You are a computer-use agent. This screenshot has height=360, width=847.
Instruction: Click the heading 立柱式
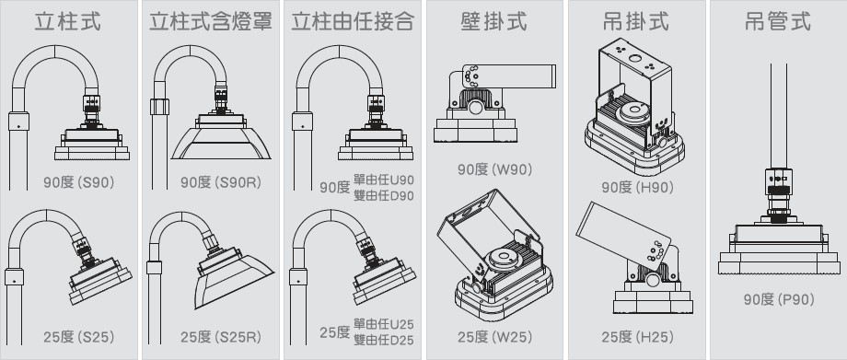coord(67,21)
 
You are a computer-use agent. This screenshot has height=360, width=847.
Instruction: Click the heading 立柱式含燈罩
coord(211,21)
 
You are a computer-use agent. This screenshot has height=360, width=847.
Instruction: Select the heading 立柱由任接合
coord(353,21)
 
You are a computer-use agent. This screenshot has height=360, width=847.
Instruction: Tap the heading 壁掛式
coord(494,21)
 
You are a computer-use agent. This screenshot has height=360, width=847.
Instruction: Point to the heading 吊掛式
coord(636,21)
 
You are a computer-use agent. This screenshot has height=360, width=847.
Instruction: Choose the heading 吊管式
coord(778,21)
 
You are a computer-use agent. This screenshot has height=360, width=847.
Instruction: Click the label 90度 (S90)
coord(79,182)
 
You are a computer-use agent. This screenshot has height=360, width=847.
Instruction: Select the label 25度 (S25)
coord(79,337)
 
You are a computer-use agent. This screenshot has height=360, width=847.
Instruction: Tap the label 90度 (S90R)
coord(221,182)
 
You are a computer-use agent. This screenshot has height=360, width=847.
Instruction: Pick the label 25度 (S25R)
coord(221,337)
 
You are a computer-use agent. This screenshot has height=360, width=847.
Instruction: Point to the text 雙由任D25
coord(384,341)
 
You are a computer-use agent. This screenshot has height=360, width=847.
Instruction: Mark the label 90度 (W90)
coord(494,169)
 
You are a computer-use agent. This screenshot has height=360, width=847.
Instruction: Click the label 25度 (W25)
coord(494,337)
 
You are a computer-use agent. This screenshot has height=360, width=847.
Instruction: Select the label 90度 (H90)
coord(637,187)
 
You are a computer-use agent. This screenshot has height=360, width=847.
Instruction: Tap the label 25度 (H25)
coord(637,337)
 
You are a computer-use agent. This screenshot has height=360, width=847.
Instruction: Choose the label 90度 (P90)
coord(778,299)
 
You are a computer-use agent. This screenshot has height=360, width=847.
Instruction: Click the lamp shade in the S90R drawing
coord(221,144)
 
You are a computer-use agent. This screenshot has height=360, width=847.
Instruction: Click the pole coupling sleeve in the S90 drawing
coord(19,122)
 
